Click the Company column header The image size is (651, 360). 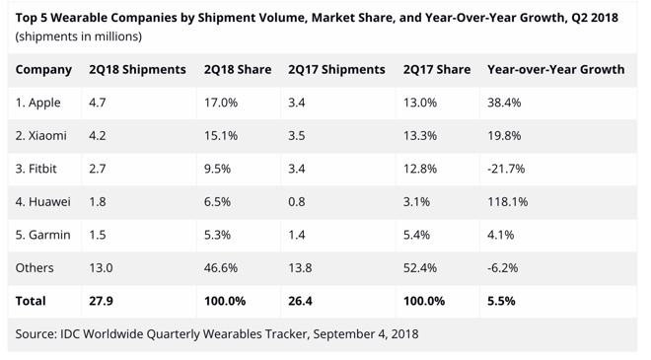coord(43,70)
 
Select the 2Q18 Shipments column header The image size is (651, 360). coord(137,70)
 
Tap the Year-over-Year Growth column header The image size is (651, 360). coord(555,70)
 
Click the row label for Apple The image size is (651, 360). coord(39,103)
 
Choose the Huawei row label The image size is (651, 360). coord(43,201)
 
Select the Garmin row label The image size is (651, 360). coord(42,235)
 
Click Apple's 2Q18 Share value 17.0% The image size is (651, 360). coord(220,103)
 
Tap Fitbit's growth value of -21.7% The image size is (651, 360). coord(506,169)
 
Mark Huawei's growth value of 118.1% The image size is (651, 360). coord(507,201)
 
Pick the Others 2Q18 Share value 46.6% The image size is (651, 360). coord(220,267)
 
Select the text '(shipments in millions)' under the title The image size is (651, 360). coord(78,36)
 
